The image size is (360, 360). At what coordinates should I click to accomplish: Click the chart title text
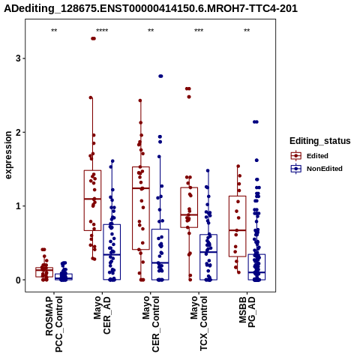tap(151, 9)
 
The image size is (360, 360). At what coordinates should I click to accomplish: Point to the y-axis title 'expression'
tap(8, 155)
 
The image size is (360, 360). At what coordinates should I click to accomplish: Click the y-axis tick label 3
tap(18, 58)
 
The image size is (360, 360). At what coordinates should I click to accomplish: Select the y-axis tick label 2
tap(18, 132)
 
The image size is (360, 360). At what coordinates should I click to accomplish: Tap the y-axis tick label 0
tap(18, 280)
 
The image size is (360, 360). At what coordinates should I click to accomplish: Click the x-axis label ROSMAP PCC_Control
tap(54, 324)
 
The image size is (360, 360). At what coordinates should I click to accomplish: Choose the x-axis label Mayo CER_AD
tap(102, 315)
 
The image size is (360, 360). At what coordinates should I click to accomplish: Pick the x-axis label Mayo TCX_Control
tap(199, 323)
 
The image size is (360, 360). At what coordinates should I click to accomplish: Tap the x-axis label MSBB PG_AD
tap(247, 312)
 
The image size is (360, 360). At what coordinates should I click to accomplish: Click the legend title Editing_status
tap(320, 141)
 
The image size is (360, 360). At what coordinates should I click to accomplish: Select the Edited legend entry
tap(310, 156)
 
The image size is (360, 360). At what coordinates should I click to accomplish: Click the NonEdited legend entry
tap(316, 169)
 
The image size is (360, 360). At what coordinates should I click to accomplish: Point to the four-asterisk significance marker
tap(102, 31)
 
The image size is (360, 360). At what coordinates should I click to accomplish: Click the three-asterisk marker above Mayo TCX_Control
tap(199, 31)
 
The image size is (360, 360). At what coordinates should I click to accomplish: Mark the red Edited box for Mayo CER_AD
tap(92, 200)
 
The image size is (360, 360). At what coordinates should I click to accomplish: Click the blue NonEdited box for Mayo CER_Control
tap(160, 254)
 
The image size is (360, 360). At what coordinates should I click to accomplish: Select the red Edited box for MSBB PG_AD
tap(238, 226)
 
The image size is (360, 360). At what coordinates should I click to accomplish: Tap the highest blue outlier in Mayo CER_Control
tap(160, 76)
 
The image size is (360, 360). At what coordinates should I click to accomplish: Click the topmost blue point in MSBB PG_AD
tap(256, 122)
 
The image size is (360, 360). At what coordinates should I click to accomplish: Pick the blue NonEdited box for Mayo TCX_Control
tap(208, 257)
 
